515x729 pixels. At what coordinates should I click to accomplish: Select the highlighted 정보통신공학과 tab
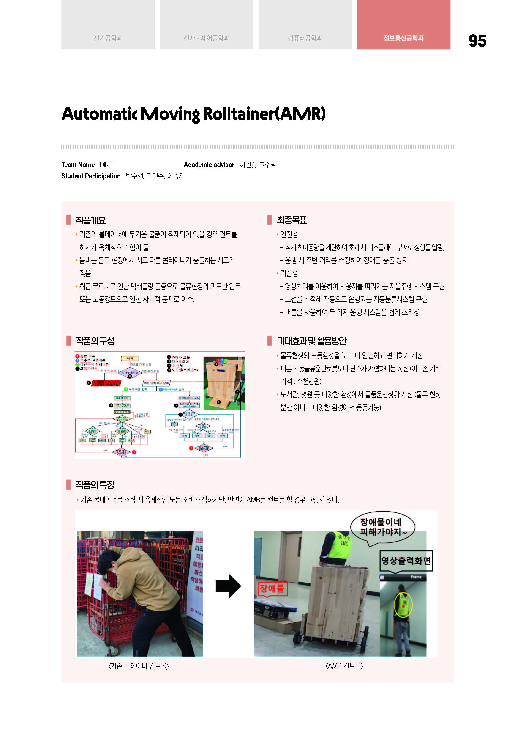click(x=403, y=38)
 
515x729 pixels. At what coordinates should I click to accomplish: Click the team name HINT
click(x=106, y=165)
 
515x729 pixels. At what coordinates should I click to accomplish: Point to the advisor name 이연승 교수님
click(x=257, y=165)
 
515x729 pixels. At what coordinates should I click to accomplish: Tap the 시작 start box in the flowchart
click(x=130, y=358)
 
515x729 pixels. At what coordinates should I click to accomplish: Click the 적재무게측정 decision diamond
click(x=130, y=373)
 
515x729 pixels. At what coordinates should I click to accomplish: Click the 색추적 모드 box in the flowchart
click(x=122, y=398)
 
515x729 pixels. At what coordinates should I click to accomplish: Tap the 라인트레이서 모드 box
click(x=189, y=398)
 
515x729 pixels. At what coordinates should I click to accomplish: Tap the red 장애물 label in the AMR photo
click(x=272, y=589)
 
